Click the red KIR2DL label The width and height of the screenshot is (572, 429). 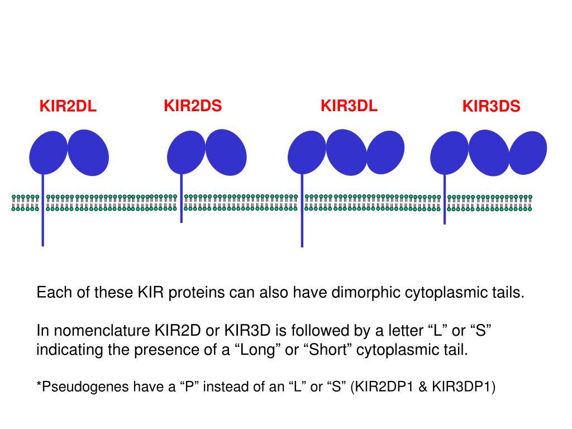point(68,106)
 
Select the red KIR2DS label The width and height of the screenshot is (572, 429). point(193,106)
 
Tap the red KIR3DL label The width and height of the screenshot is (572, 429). point(349,106)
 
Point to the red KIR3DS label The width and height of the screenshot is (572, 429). point(491,106)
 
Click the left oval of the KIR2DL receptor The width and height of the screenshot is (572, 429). point(47,152)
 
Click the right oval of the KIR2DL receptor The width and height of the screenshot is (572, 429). point(88,152)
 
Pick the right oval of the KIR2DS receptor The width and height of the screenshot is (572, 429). point(226,152)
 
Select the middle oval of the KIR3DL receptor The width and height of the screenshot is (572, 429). point(346,152)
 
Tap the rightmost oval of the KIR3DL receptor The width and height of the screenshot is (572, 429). point(385,152)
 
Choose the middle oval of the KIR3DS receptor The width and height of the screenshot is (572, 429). point(489,152)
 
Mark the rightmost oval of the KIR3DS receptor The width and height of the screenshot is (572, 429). point(528,152)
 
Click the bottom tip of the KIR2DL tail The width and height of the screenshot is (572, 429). point(42,244)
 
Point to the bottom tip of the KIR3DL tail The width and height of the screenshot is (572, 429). point(302,245)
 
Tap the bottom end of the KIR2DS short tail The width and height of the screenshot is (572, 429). point(181,221)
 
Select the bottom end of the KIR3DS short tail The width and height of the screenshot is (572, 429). point(445,222)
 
